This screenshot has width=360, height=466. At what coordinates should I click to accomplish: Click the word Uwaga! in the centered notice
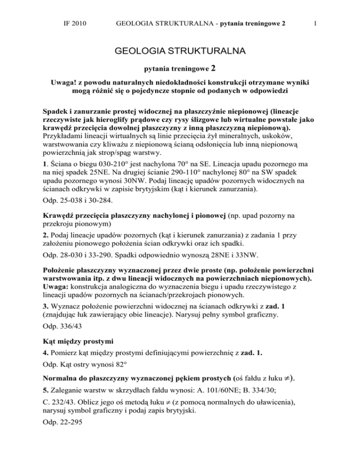pyautogui.click(x=83, y=82)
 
